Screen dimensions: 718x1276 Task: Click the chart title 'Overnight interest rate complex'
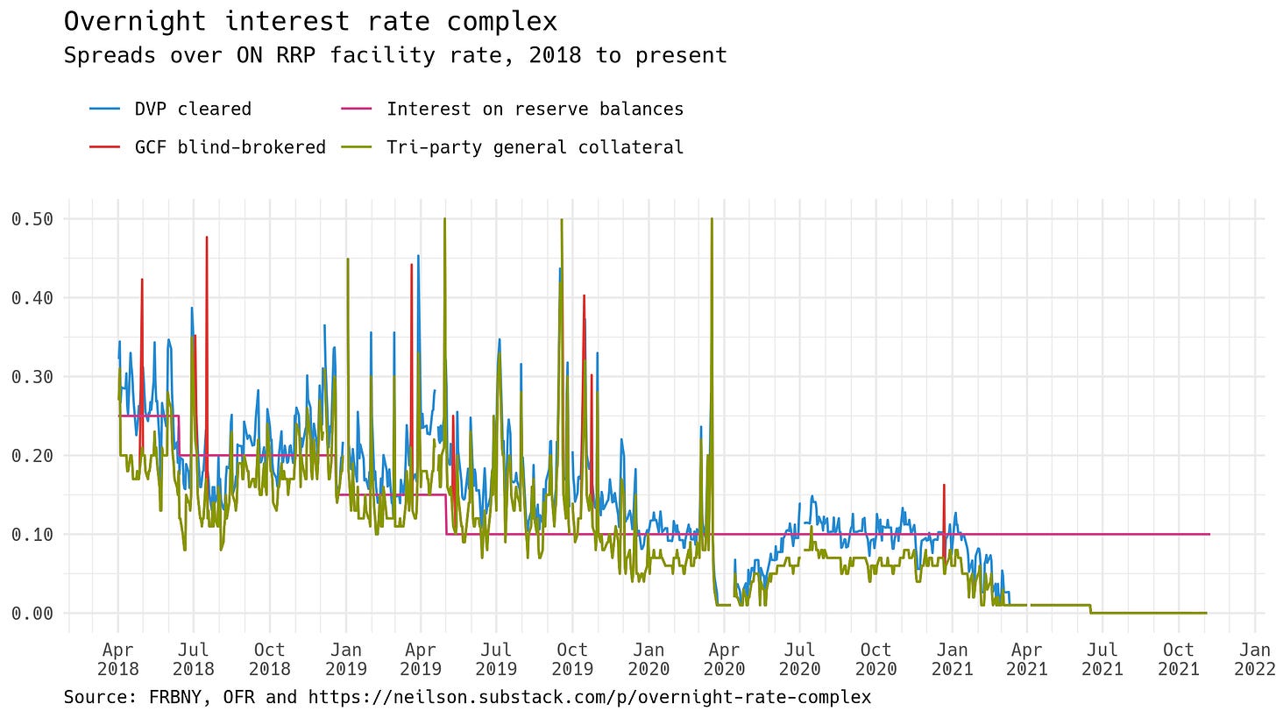tap(310, 21)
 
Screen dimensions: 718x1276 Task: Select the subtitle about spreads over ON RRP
tap(395, 55)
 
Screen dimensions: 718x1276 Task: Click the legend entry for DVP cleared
tap(192, 109)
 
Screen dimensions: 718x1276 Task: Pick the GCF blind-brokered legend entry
tap(230, 147)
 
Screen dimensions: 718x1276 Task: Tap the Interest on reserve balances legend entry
tap(535, 109)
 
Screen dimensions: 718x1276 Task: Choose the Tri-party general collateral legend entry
tap(535, 147)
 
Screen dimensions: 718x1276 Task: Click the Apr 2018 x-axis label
tap(118, 658)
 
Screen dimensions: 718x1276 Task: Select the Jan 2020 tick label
tap(649, 658)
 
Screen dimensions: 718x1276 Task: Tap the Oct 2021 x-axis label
tap(1178, 658)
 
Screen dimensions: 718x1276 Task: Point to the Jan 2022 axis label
tap(1254, 658)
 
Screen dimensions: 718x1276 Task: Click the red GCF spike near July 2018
tap(207, 238)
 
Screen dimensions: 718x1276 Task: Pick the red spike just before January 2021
tap(943, 486)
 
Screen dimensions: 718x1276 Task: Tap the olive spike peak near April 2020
tap(712, 220)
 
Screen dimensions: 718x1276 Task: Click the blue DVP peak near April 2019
tap(418, 257)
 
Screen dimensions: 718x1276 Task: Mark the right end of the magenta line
tap(1209, 534)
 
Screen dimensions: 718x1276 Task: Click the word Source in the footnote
tap(91, 698)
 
